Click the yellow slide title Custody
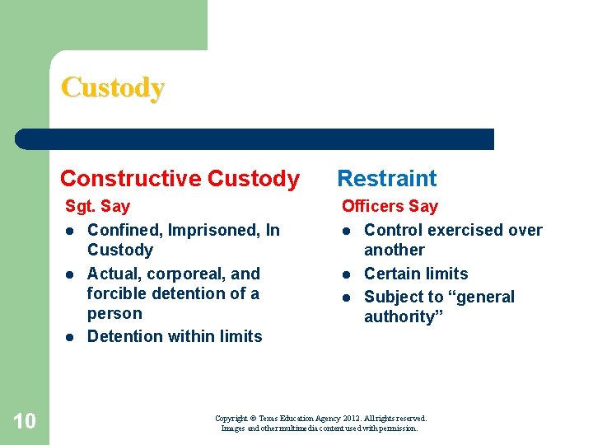click(x=113, y=87)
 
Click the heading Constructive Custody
click(x=180, y=179)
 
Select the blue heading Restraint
click(x=387, y=179)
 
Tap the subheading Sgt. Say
click(x=98, y=206)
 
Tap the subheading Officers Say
click(x=390, y=206)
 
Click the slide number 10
click(x=25, y=422)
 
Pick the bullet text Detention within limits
click(x=175, y=336)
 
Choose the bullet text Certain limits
click(x=416, y=274)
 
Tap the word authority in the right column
click(x=399, y=316)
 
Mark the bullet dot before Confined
click(x=71, y=231)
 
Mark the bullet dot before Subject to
click(x=348, y=297)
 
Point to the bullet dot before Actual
click(x=71, y=274)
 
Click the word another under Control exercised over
click(x=395, y=250)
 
